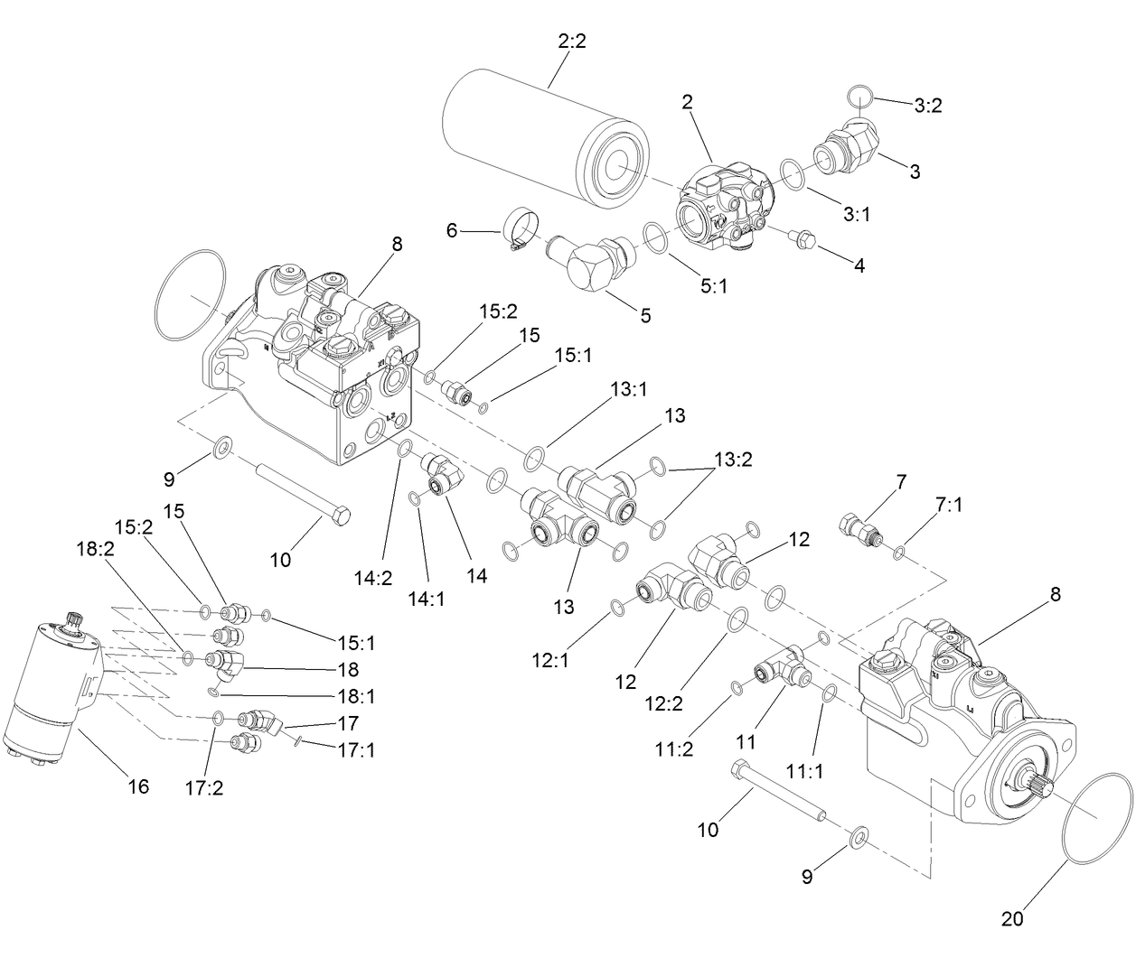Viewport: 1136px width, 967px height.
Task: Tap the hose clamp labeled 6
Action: click(x=520, y=230)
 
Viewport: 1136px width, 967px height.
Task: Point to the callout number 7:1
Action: click(x=949, y=505)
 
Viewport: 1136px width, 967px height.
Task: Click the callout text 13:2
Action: click(x=733, y=459)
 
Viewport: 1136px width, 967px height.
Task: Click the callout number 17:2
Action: click(x=203, y=787)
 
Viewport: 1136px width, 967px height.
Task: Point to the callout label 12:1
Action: click(x=550, y=661)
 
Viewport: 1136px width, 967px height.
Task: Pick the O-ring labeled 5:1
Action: click(x=655, y=237)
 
